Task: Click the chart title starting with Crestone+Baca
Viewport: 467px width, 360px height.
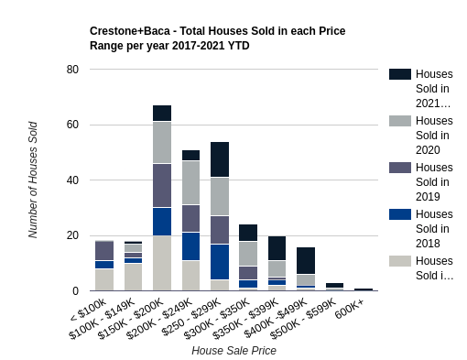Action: [217, 38]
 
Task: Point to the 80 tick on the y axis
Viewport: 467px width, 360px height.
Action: [72, 70]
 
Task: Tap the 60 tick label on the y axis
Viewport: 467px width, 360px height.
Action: [72, 125]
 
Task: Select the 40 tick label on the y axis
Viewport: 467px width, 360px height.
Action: [72, 180]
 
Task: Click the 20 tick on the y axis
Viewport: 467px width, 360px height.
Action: [72, 235]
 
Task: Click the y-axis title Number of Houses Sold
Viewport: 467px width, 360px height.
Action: [33, 180]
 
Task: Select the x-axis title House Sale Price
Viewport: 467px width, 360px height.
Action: [233, 350]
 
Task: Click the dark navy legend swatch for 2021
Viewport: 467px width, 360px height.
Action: [400, 74]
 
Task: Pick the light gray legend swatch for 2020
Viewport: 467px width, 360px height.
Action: [400, 121]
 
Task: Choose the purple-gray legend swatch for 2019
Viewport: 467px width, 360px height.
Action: [400, 168]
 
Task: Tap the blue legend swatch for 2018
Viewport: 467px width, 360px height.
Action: [400, 214]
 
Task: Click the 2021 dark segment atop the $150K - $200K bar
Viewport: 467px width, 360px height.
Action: [162, 113]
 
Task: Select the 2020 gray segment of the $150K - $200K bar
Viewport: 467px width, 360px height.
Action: [162, 142]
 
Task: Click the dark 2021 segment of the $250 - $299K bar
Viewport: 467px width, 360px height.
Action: [220, 159]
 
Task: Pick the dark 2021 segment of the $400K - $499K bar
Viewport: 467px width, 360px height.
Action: [306, 260]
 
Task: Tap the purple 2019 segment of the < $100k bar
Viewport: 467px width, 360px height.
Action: [104, 250]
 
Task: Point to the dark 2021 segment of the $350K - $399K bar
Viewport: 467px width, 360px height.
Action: [277, 248]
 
